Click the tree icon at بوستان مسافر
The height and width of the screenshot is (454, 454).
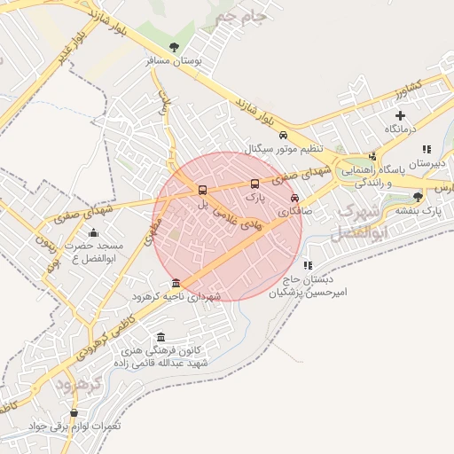coord(173,47)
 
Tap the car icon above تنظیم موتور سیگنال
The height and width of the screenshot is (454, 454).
coord(283,136)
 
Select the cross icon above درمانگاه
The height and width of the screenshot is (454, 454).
coord(400,115)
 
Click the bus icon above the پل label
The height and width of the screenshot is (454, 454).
coord(203,190)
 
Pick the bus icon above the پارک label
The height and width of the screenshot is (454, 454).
coord(255,184)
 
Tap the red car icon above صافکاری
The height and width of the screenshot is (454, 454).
coord(294,199)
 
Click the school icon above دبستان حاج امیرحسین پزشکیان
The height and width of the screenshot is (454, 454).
coord(308,265)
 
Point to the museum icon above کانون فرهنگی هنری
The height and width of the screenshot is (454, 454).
coord(160,337)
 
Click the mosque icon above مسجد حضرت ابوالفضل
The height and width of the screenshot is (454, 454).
coord(94,233)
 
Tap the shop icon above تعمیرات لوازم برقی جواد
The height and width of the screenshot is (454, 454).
coord(74,413)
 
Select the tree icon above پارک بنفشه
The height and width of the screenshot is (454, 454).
coord(418,196)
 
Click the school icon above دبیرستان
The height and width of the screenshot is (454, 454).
coord(427,150)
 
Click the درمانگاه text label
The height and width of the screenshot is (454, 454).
coord(400,129)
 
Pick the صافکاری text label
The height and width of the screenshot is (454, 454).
coord(294,213)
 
